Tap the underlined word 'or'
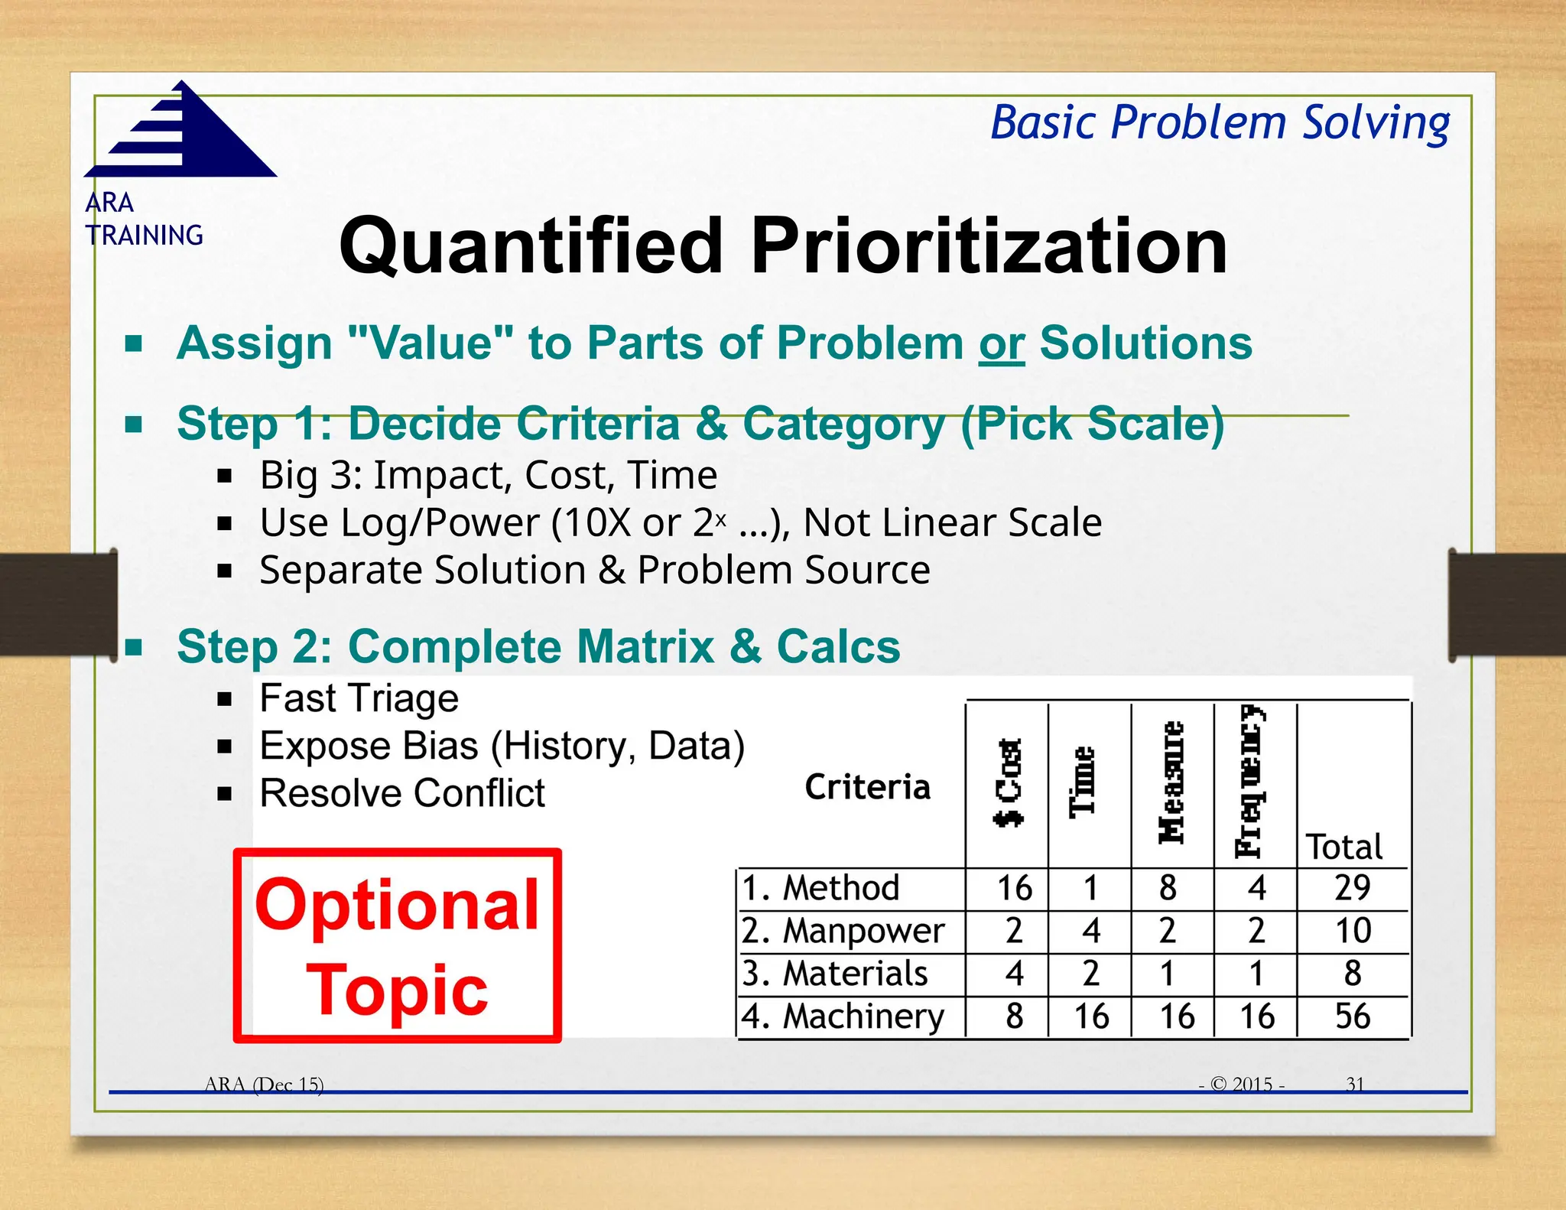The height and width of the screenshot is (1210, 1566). pos(1001,343)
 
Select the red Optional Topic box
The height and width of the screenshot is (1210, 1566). pos(398,945)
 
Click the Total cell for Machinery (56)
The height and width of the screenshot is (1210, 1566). pos(1352,1016)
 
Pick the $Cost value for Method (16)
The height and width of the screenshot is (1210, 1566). pos(1014,889)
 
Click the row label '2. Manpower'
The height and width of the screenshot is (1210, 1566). pos(843,932)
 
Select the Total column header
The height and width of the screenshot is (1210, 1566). pos(1344,847)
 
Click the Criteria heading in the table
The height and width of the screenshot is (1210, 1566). pos(867,787)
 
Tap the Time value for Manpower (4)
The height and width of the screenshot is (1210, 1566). pos(1091,932)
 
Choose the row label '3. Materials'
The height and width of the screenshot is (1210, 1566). pos(835,974)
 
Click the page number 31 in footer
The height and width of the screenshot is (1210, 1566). pos(1355,1084)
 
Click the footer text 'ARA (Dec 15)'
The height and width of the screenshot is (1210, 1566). pos(265,1085)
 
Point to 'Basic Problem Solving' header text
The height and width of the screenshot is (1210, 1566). pos(1220,123)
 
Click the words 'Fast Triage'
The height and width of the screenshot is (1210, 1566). pos(359,698)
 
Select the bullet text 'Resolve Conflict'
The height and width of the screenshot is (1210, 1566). pos(402,793)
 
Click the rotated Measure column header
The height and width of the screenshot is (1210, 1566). pos(1171,782)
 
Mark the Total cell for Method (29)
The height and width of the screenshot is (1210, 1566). pos(1352,889)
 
